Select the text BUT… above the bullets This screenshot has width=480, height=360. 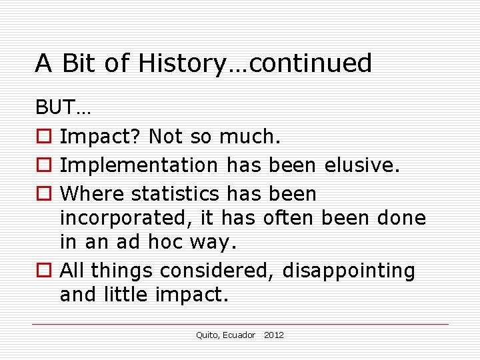(x=64, y=107)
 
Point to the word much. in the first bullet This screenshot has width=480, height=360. (x=250, y=137)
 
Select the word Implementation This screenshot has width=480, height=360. (x=139, y=165)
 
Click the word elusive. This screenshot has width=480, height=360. (x=362, y=165)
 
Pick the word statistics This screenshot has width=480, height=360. (x=175, y=194)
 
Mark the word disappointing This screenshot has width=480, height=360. (x=349, y=271)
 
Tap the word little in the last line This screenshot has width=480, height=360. (x=129, y=295)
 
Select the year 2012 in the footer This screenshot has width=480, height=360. (x=273, y=335)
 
